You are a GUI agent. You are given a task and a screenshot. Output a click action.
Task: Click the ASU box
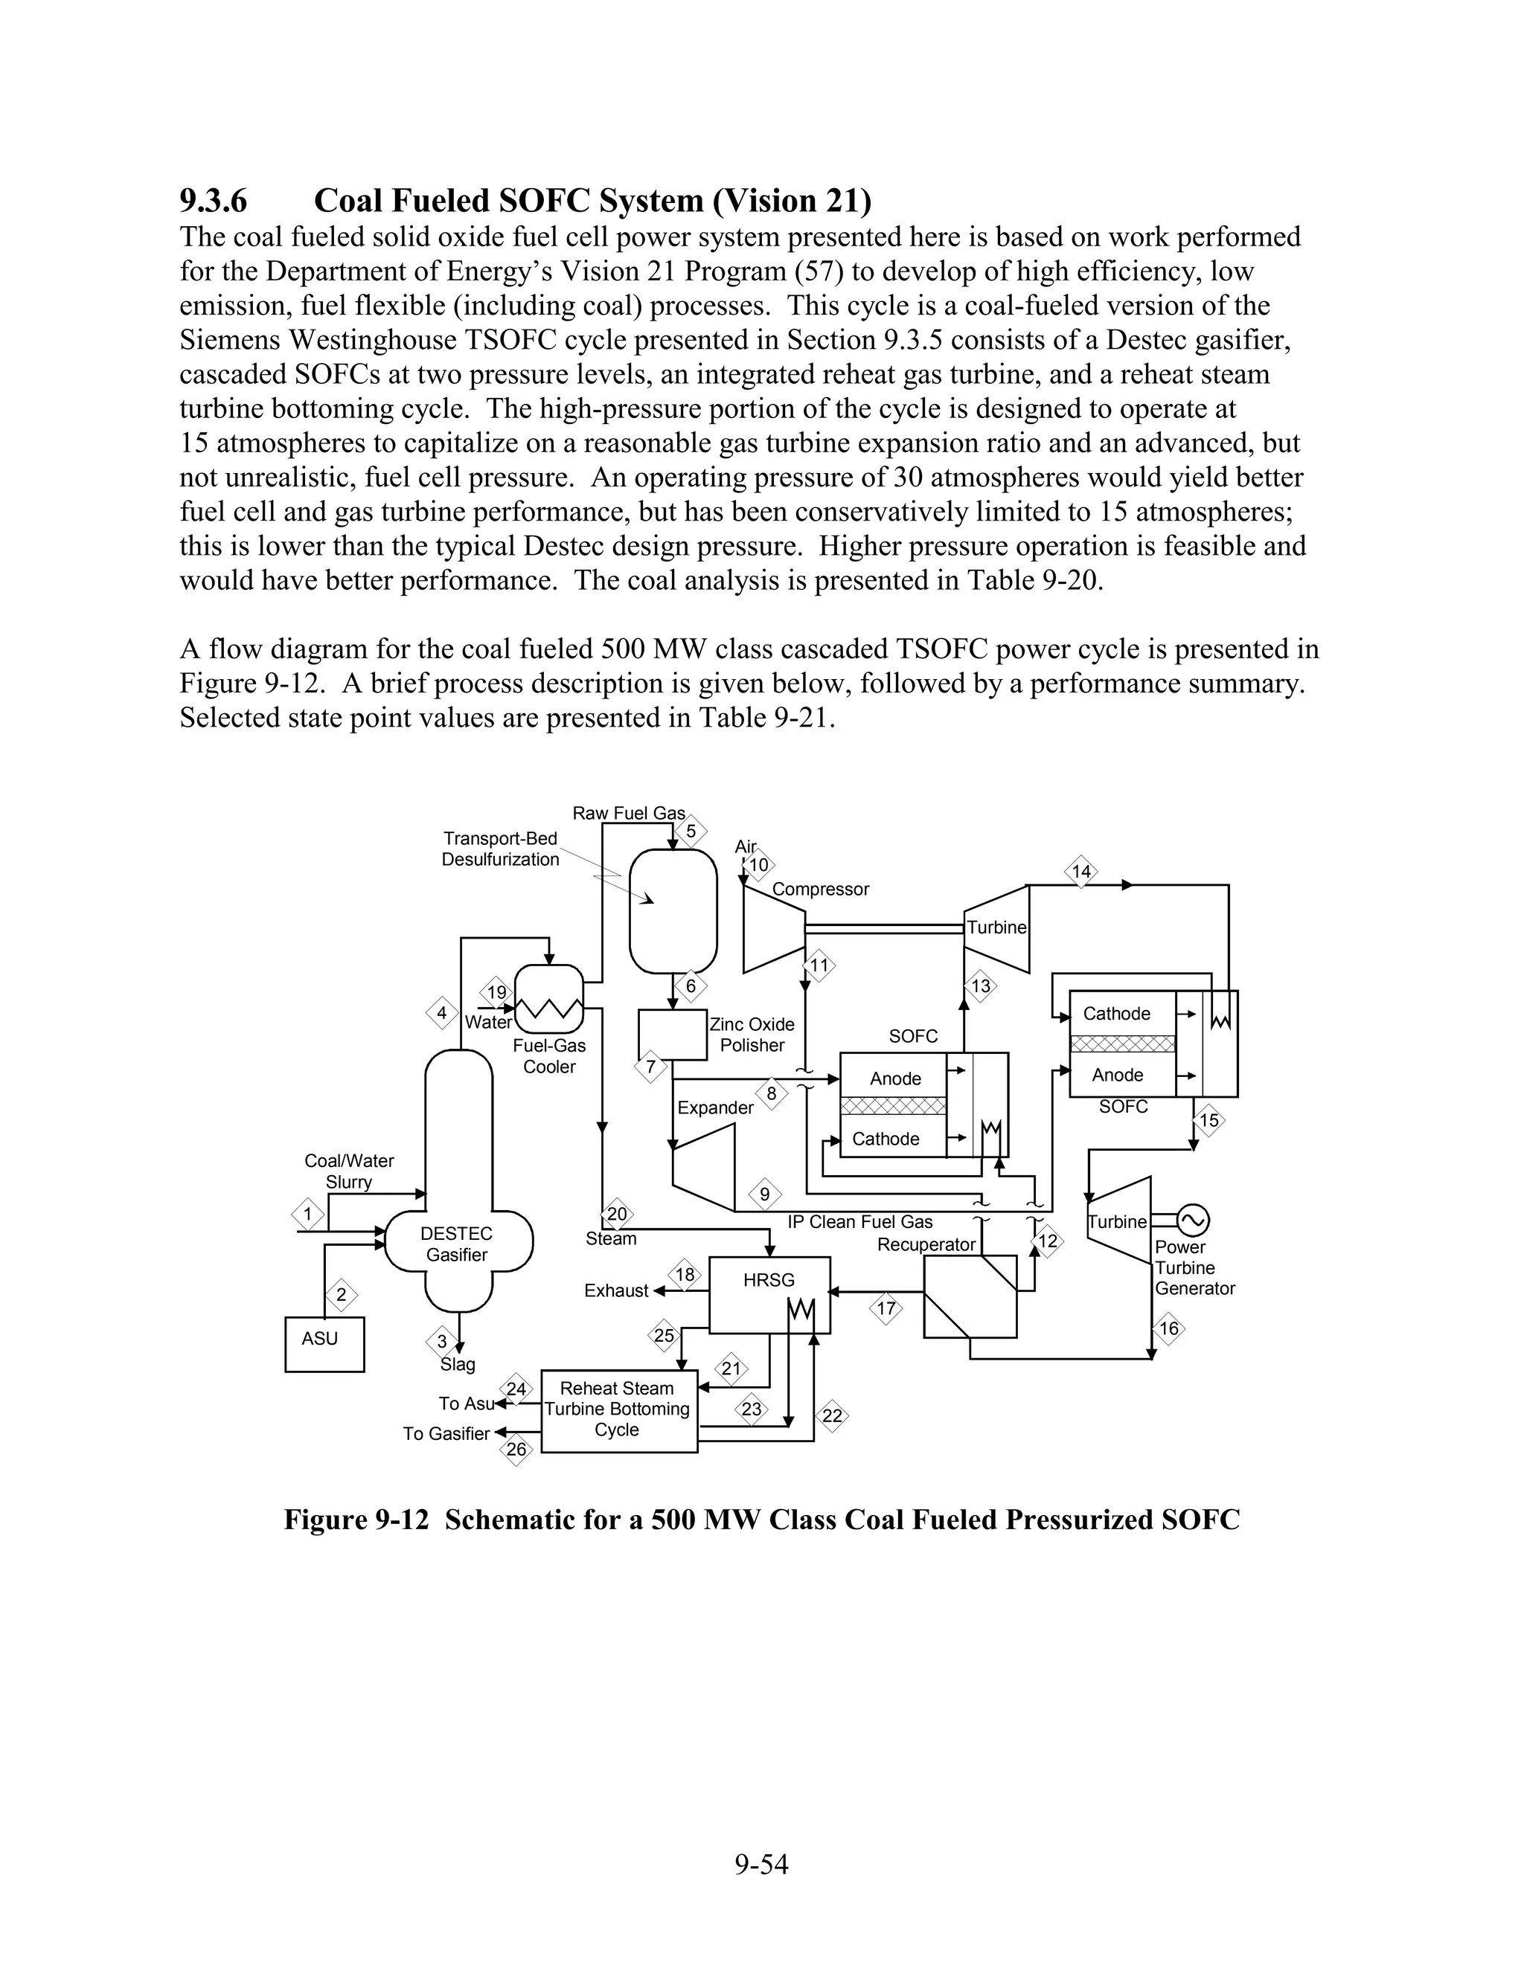click(324, 1344)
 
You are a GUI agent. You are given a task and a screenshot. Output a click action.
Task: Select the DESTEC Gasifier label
click(456, 1244)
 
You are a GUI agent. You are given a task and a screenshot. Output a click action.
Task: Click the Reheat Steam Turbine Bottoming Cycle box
click(618, 1410)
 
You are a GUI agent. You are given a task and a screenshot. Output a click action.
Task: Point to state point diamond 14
click(1080, 872)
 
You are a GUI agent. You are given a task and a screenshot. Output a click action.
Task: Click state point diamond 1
click(308, 1214)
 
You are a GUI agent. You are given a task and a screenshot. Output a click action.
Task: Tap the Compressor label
click(820, 889)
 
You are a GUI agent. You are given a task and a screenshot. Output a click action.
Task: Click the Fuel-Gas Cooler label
click(549, 1056)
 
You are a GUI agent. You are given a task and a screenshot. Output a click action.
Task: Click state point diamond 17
click(886, 1308)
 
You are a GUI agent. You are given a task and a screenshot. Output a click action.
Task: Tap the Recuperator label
click(926, 1244)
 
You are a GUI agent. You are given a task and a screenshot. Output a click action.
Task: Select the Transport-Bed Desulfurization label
click(500, 849)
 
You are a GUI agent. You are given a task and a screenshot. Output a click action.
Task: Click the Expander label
click(715, 1107)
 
